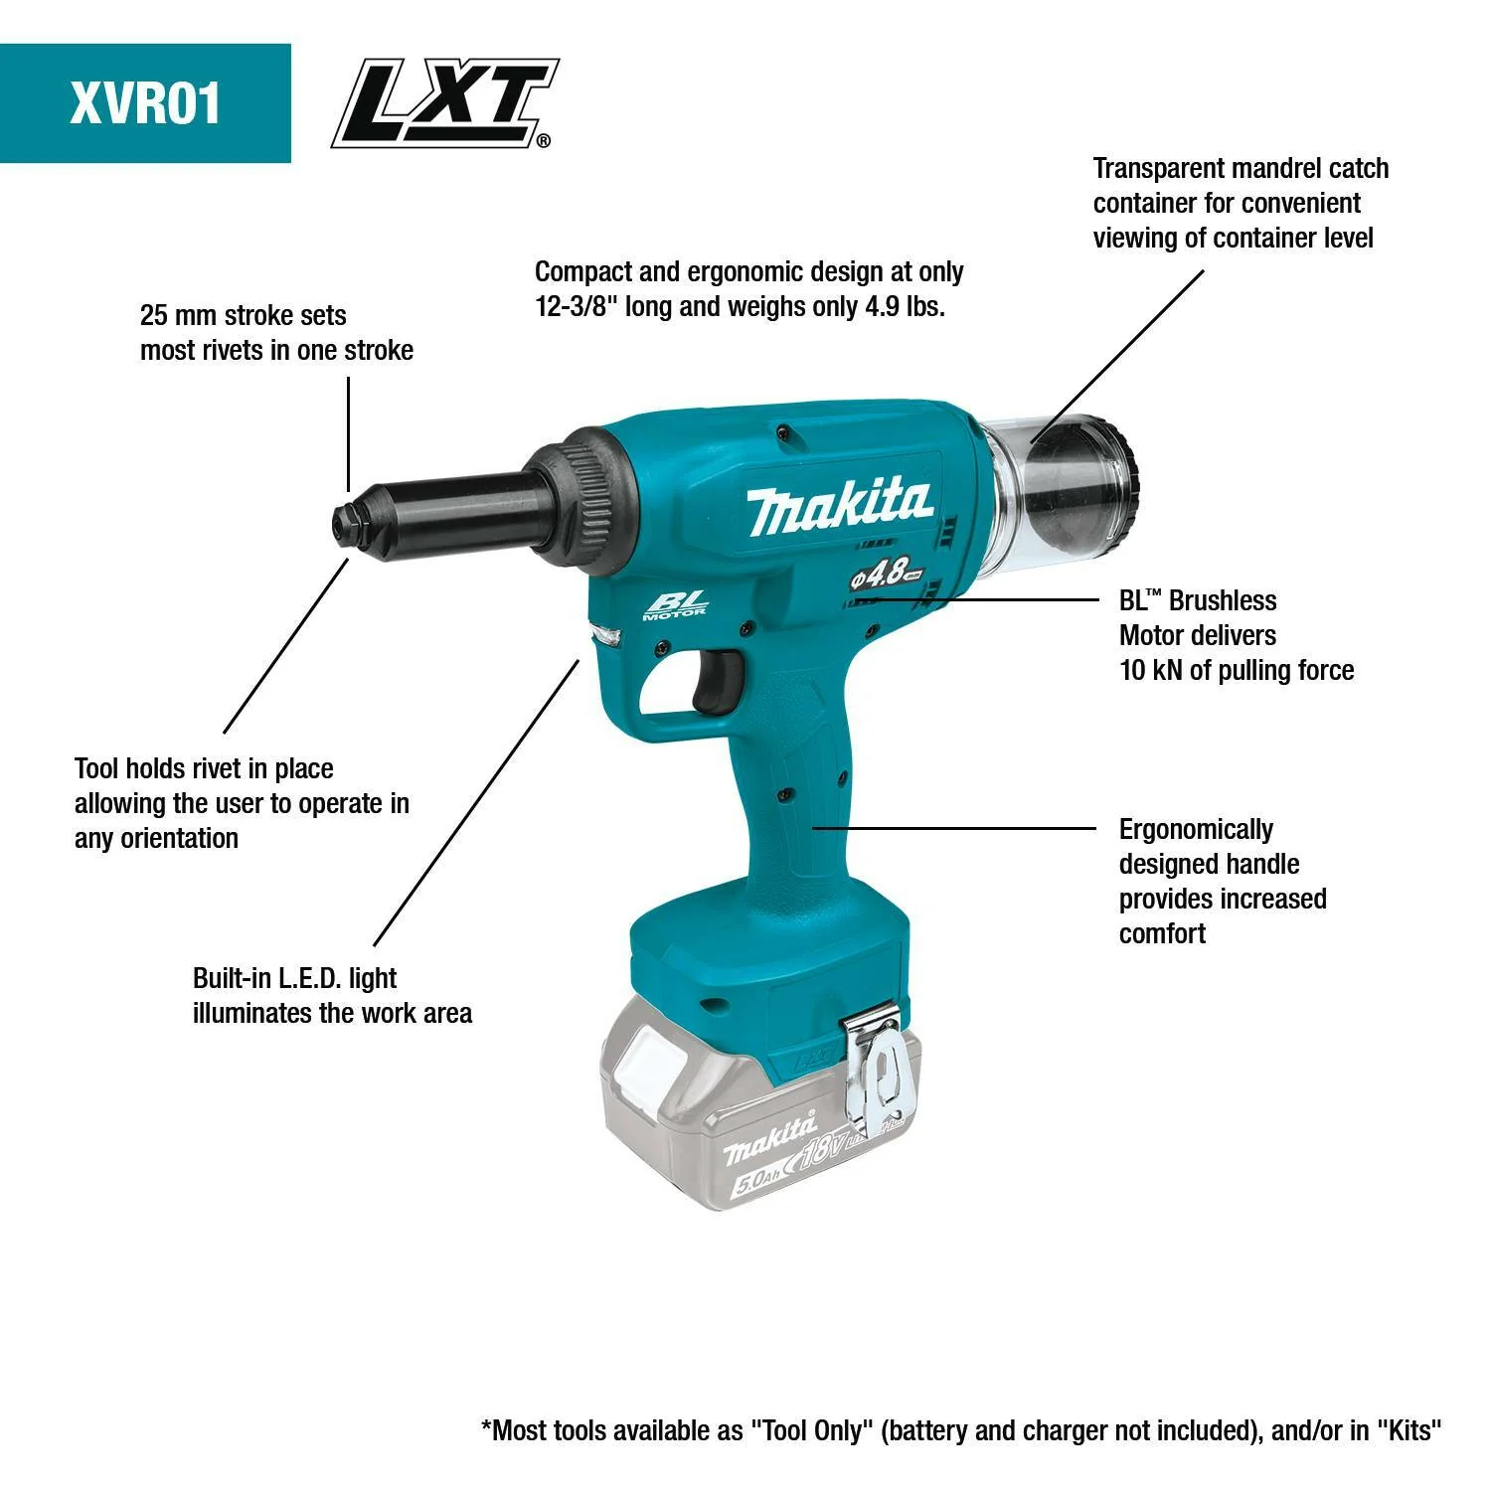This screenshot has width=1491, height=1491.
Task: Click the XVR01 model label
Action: tap(145, 103)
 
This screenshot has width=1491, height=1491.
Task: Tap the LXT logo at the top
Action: tap(443, 103)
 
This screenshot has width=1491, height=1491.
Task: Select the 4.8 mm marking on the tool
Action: tap(886, 575)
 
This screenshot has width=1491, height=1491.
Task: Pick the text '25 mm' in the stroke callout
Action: tap(179, 316)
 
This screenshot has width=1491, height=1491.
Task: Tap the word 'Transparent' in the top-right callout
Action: tap(1157, 169)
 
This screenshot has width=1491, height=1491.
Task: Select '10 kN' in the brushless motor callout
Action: tap(1151, 671)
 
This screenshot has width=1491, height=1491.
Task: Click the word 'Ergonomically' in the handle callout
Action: tap(1196, 830)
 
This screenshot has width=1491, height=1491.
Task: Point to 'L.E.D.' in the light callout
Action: tap(309, 978)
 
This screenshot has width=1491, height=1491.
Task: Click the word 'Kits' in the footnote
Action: tap(1408, 1430)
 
